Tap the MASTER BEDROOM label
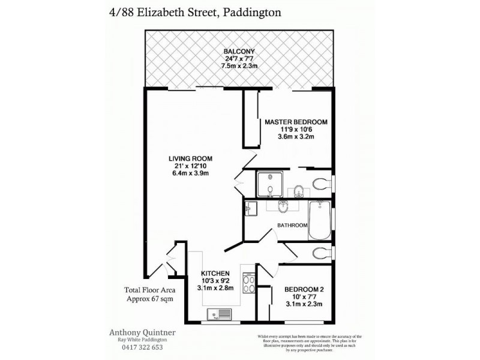(x=296, y=122)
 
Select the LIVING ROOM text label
(x=190, y=158)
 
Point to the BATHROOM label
(x=292, y=225)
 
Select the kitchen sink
(x=218, y=314)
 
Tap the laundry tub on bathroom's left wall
(x=251, y=208)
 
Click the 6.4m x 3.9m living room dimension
(x=190, y=174)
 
